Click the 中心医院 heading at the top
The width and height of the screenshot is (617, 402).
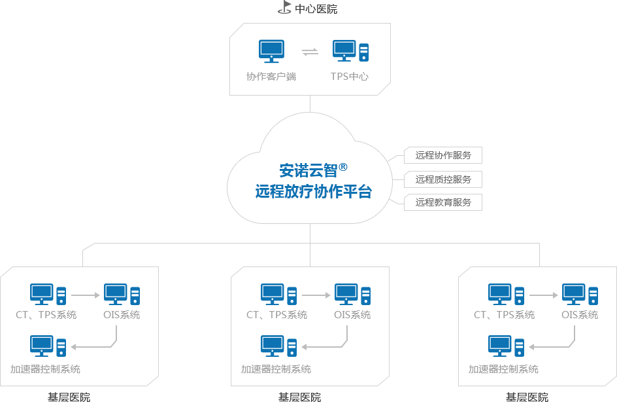[316, 9]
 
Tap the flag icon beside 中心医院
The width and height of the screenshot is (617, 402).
[284, 8]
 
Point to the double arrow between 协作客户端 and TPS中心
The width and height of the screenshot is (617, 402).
[310, 52]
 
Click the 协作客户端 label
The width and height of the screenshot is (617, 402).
[271, 77]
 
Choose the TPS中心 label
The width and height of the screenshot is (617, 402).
[350, 77]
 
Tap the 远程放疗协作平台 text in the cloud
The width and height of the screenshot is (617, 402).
[313, 192]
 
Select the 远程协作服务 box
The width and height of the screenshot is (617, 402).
[443, 156]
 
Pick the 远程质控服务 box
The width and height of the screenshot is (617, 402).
[443, 179]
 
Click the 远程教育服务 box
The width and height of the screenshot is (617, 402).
[443, 203]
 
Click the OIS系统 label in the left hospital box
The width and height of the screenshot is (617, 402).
[122, 315]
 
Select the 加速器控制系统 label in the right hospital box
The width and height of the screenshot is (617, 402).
[503, 369]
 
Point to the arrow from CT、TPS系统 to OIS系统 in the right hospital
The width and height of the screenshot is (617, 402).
[544, 296]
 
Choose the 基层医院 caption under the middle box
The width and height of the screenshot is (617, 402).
[299, 397]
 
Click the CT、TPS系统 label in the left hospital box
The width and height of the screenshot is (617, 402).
[46, 315]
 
